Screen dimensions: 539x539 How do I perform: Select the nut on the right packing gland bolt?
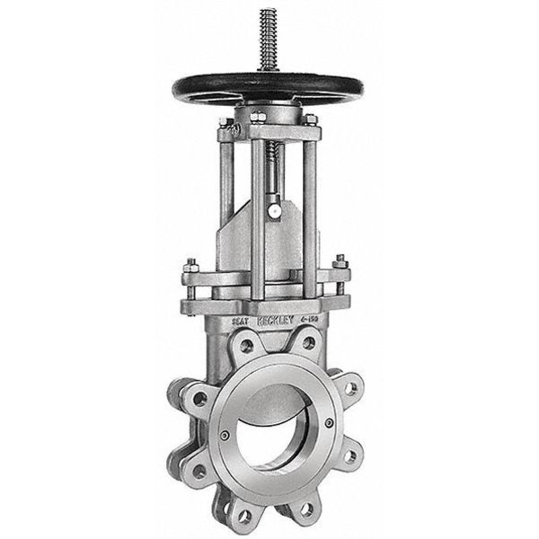341,263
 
